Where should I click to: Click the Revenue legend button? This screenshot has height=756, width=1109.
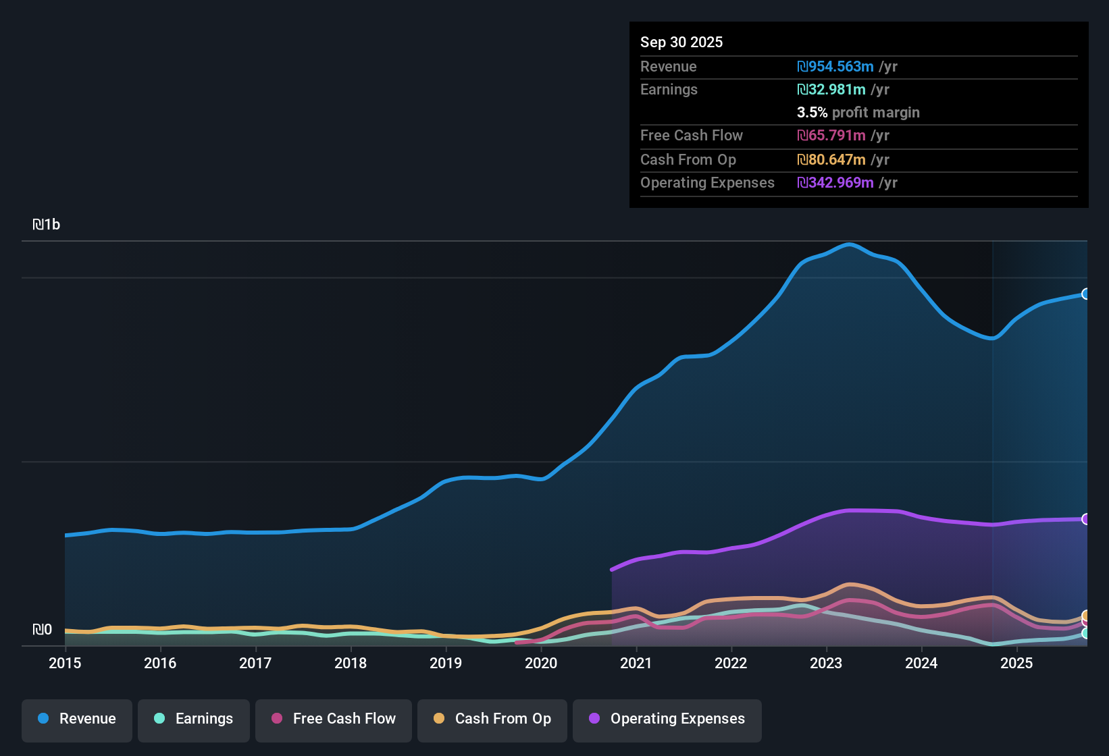(77, 719)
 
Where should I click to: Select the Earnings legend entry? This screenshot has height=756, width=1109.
(194, 719)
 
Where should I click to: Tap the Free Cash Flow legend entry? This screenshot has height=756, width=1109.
(334, 719)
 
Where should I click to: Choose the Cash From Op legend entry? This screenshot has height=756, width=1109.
(492, 719)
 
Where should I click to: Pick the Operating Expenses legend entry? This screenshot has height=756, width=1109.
(667, 719)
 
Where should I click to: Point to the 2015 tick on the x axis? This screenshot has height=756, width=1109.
(65, 663)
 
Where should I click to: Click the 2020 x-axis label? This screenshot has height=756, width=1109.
(541, 663)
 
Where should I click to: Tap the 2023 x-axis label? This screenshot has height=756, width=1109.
(826, 663)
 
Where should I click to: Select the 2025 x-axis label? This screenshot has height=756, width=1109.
(1016, 663)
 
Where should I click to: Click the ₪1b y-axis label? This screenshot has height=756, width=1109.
(47, 225)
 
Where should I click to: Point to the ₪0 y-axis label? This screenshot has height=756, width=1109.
(43, 630)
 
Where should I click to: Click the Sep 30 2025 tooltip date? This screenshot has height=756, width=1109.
(681, 42)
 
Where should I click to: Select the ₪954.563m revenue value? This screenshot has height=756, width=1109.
(835, 67)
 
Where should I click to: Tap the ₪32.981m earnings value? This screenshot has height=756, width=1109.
(831, 90)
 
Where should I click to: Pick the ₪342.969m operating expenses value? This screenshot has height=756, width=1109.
(835, 183)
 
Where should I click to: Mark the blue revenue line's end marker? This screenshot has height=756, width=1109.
(1086, 294)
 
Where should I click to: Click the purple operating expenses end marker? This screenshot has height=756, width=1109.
(1086, 519)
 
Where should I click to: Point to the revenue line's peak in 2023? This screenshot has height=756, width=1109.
(849, 244)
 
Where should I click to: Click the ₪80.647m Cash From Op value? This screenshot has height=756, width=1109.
(831, 160)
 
